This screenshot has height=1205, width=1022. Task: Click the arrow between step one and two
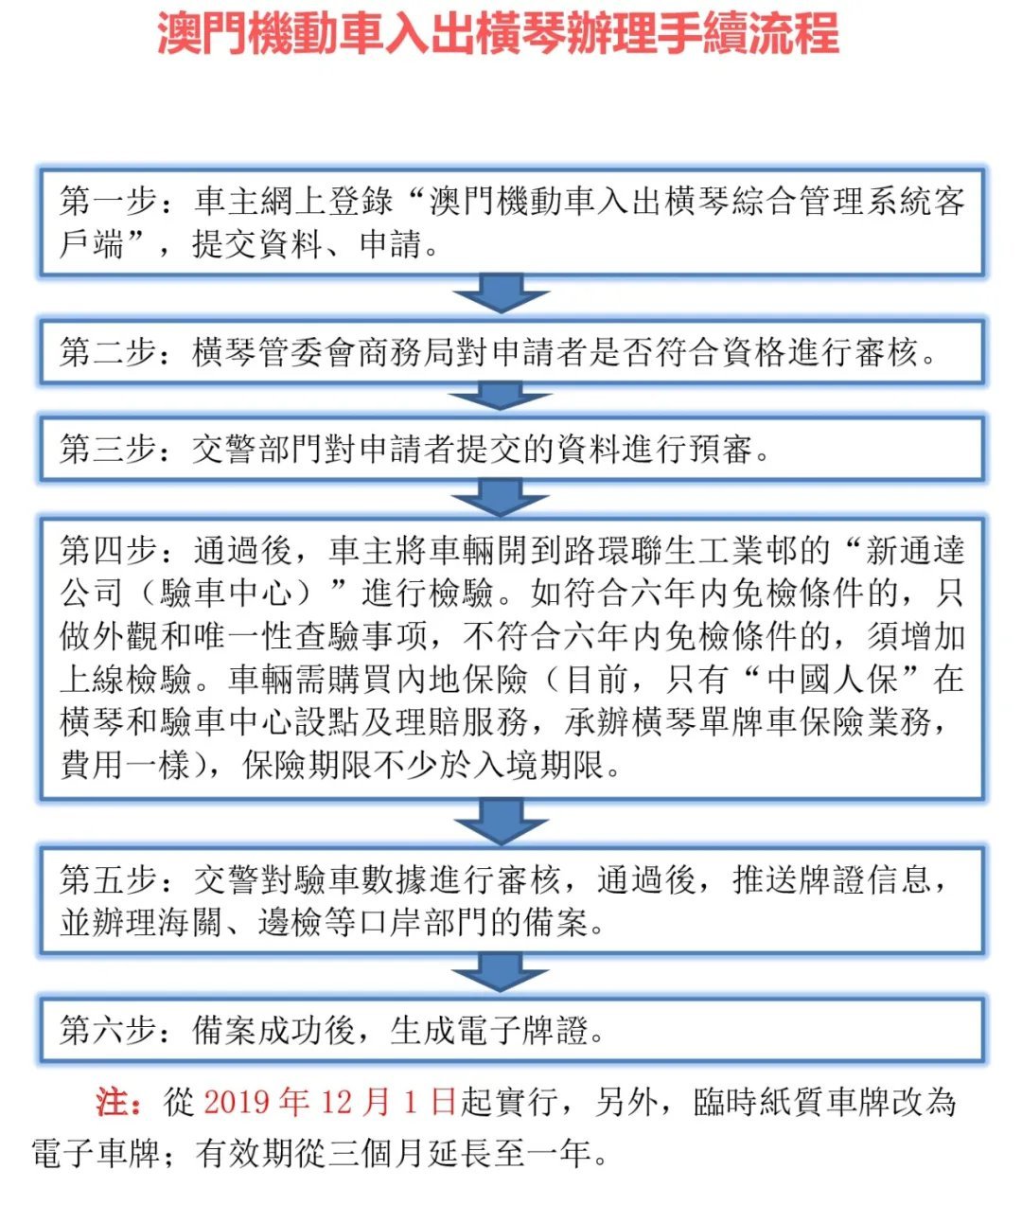click(x=501, y=295)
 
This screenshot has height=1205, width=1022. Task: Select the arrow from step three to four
click(x=501, y=497)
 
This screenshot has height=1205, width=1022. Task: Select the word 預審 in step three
click(x=720, y=449)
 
